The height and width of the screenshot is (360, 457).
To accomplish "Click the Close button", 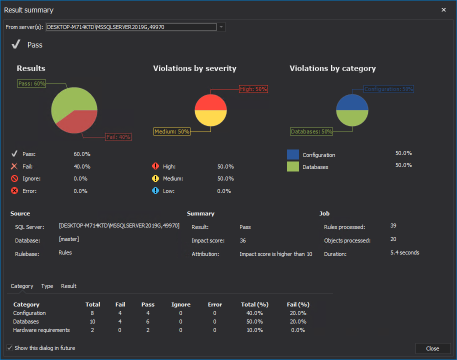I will [x=432, y=348].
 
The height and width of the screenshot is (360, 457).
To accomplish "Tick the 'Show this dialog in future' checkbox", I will [x=9, y=348].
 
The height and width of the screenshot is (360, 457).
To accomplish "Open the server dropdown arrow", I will [x=221, y=27].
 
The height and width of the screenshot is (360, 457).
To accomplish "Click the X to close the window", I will [x=443, y=10].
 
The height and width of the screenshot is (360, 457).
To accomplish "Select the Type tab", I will [x=47, y=286].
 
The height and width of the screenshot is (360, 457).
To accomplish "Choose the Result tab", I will [x=68, y=286].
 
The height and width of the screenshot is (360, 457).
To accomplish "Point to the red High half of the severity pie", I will [x=210, y=102].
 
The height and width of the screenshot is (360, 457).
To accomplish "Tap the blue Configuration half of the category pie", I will [x=352, y=102].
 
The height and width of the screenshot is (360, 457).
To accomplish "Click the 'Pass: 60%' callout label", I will [x=31, y=83].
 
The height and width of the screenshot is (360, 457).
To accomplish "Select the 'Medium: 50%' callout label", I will [x=171, y=131].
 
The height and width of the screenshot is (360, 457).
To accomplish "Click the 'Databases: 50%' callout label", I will [x=311, y=131].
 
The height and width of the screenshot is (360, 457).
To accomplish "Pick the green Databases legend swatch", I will [x=293, y=166].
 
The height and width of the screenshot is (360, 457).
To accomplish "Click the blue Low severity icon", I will [x=155, y=190].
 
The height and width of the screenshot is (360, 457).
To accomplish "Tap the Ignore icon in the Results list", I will [x=14, y=178].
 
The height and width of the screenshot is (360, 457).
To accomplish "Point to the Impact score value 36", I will [x=242, y=240].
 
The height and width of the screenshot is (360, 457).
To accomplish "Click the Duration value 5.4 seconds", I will [x=404, y=253].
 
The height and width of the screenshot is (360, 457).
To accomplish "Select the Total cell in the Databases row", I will [x=92, y=321].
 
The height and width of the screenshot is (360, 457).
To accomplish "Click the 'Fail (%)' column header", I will [x=298, y=304].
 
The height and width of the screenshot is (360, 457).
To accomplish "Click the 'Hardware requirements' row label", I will [x=41, y=330].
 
